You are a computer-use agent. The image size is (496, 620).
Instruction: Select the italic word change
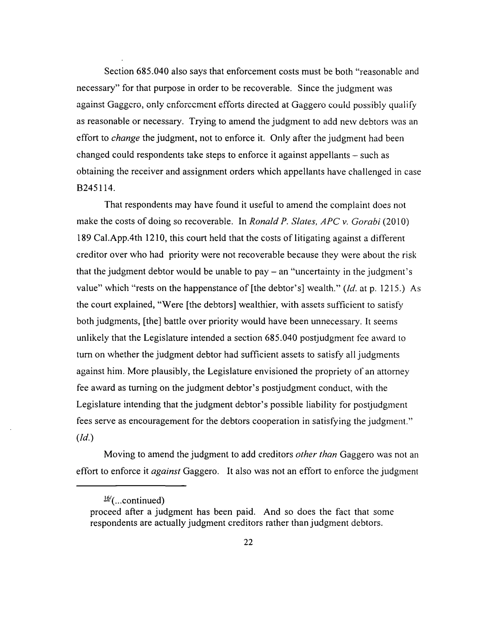(x=125, y=138)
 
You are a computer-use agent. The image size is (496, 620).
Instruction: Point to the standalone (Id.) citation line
(x=85, y=438)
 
